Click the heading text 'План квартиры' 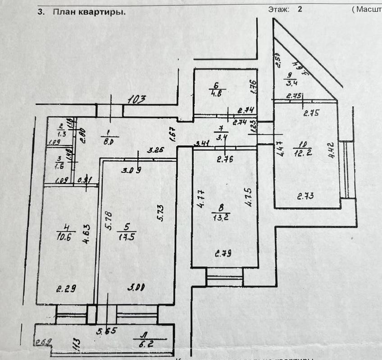89,12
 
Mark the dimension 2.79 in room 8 223,253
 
